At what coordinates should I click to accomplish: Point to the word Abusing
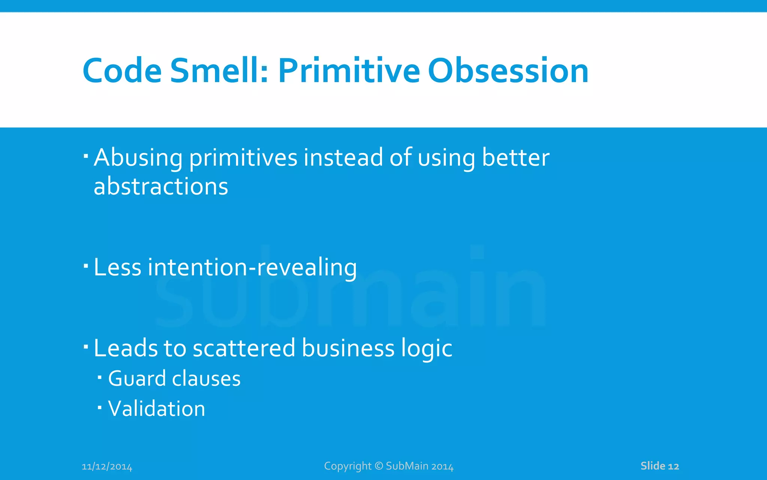[x=138, y=157]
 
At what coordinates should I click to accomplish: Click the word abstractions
[x=161, y=186]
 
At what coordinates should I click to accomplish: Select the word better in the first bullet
[x=516, y=157]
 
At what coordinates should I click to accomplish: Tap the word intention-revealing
[x=252, y=268]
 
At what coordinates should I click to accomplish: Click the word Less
[x=118, y=268]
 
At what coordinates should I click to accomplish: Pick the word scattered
[x=244, y=348]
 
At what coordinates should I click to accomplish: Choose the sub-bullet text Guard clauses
[x=174, y=378]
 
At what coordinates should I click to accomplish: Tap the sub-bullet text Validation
[x=157, y=409]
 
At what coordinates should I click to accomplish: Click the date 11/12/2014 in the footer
[x=107, y=466]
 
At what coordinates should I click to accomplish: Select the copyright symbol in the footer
[x=379, y=466]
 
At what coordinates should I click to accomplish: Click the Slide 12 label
[x=660, y=466]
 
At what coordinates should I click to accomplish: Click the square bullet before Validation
[x=100, y=407]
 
